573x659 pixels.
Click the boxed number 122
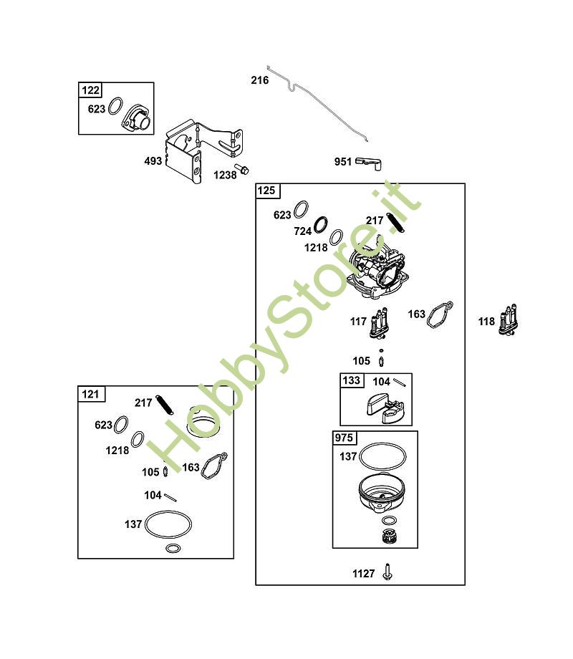coord(90,90)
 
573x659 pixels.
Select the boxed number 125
coord(266,191)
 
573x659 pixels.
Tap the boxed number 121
coord(90,394)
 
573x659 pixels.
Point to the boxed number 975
coord(344,438)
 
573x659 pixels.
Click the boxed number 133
coord(351,380)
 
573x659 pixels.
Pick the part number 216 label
coord(260,80)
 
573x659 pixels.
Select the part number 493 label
coord(153,161)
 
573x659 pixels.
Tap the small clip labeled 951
coord(369,163)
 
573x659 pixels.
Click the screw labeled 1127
coord(387,572)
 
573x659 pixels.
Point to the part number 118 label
coord(486,322)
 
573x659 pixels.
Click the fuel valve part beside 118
coord(509,321)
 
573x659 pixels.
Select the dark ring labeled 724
coord(321,224)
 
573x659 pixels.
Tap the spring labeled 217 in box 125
coord(395,222)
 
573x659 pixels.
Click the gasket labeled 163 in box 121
coord(214,466)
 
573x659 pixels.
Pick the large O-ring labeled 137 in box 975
coord(383,456)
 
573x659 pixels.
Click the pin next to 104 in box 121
coord(170,497)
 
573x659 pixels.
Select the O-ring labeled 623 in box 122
coord(115,106)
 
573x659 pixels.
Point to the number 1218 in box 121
coord(117,451)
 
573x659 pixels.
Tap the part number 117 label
coord(359,322)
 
